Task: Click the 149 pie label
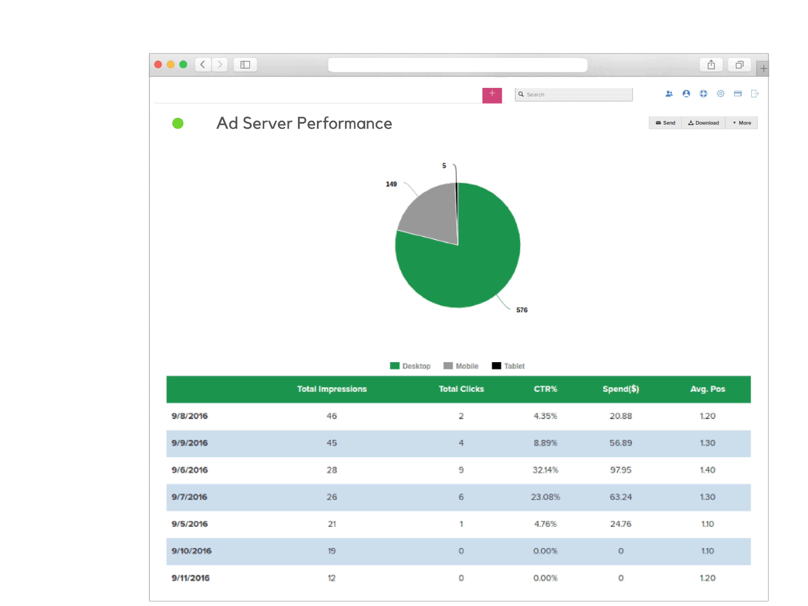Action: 391,184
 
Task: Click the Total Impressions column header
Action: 332,389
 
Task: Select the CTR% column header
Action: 545,389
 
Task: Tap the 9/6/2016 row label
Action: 190,470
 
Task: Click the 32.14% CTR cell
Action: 545,470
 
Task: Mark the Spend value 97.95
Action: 621,470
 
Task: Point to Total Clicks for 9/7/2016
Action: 461,497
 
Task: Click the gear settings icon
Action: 720,94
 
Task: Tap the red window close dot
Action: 158,65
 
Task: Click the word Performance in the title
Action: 345,123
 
